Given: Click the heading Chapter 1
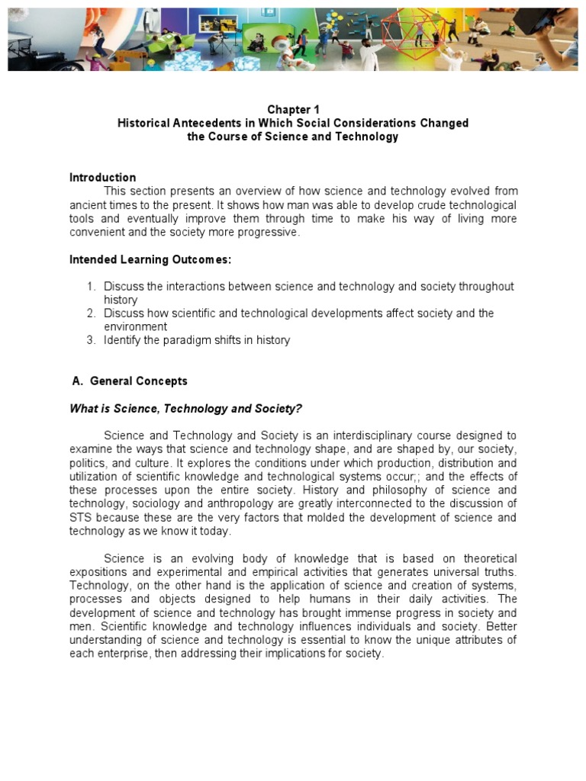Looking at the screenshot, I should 292,110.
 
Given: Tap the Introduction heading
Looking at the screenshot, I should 102,178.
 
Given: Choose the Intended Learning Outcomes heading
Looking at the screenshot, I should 150,259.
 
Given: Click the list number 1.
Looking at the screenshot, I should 89,287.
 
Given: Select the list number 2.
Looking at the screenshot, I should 89,313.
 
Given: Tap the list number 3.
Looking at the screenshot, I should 89,340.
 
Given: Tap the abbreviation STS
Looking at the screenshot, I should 81,518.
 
